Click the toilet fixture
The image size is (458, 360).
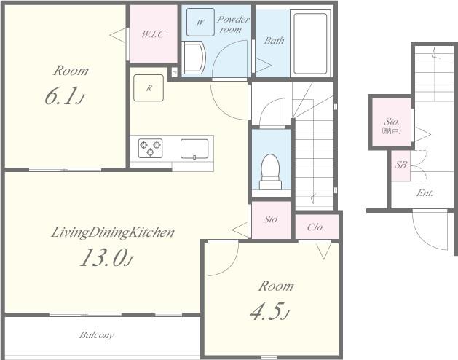[271, 172]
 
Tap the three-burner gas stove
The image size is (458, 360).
[150, 148]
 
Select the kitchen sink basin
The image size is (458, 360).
[194, 149]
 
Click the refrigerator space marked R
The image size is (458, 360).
[149, 87]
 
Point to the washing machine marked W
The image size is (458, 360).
[200, 22]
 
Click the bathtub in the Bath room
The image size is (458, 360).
[310, 43]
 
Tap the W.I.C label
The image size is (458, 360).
[154, 34]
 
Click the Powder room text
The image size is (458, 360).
[233, 24]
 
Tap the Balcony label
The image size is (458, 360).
[97, 334]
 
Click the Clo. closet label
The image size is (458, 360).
[316, 227]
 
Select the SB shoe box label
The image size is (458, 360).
[400, 165]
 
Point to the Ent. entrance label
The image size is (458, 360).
[425, 193]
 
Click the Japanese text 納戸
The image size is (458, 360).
[392, 130]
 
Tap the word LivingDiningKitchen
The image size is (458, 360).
[113, 232]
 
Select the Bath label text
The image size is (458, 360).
[274, 40]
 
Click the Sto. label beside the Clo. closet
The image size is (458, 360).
[271, 219]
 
